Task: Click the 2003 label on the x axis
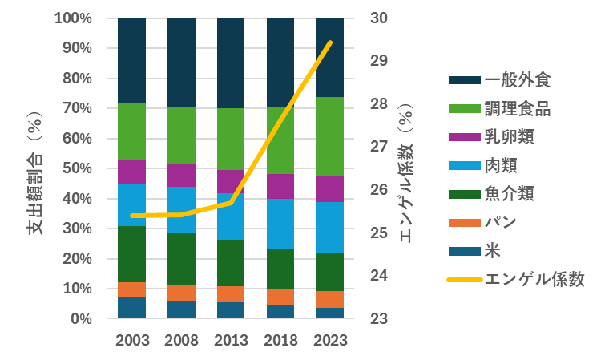point(132,339)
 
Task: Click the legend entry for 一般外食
point(518,80)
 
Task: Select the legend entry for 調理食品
point(518,109)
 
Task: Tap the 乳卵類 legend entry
point(510,137)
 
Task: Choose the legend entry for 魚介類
point(510,194)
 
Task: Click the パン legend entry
point(502,223)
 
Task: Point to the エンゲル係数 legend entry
point(534,280)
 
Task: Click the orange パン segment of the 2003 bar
point(132,289)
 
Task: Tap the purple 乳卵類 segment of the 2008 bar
point(182,175)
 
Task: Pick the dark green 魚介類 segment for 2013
point(232,263)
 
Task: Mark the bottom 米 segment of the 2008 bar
point(182,309)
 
